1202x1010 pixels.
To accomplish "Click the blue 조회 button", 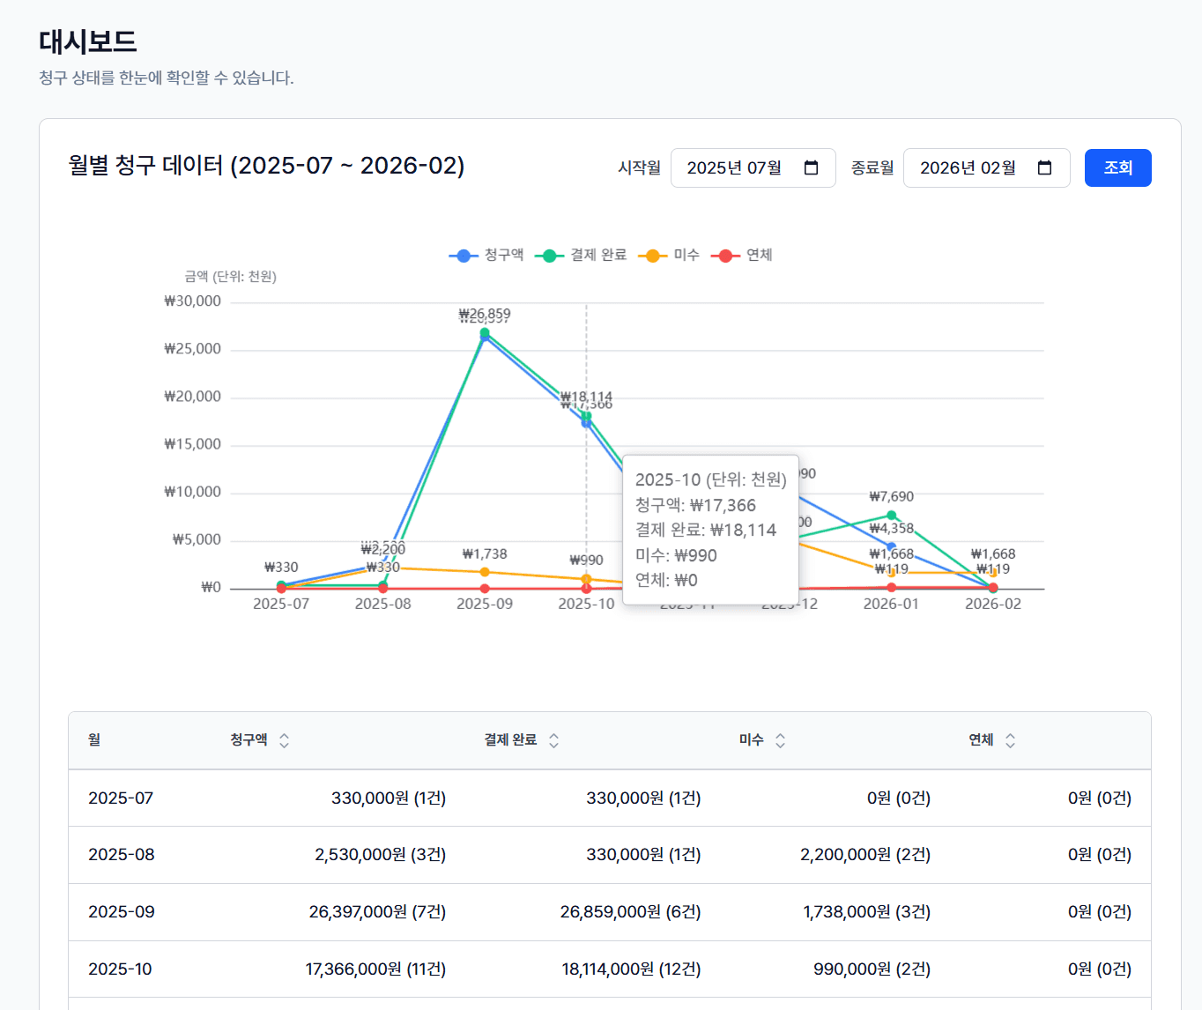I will [x=1117, y=167].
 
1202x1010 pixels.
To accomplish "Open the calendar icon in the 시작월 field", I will [x=812, y=167].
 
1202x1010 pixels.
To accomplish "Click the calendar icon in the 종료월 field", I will [x=1045, y=167].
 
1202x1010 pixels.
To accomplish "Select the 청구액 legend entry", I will [x=486, y=255].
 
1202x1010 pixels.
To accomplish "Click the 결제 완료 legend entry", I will [x=582, y=255].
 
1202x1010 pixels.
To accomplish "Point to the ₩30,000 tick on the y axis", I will [x=193, y=301].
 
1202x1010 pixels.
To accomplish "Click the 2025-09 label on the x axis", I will [x=485, y=604].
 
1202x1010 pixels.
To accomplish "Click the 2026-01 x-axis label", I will [x=891, y=604].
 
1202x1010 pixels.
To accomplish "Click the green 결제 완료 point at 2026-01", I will [x=891, y=516].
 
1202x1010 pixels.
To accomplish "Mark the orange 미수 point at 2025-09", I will [x=485, y=572].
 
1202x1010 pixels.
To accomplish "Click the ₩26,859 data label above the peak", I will [x=485, y=314].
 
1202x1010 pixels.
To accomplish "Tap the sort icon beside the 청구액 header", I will [x=284, y=740].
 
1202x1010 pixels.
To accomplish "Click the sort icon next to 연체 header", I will [x=1010, y=740].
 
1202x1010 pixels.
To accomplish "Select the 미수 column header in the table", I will [x=752, y=740].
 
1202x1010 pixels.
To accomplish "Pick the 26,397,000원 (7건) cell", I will [x=377, y=911].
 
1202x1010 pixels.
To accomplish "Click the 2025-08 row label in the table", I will [x=122, y=854].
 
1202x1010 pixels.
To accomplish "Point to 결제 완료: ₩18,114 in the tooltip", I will [x=706, y=530].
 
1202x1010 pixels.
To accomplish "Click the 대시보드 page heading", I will [x=88, y=41].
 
